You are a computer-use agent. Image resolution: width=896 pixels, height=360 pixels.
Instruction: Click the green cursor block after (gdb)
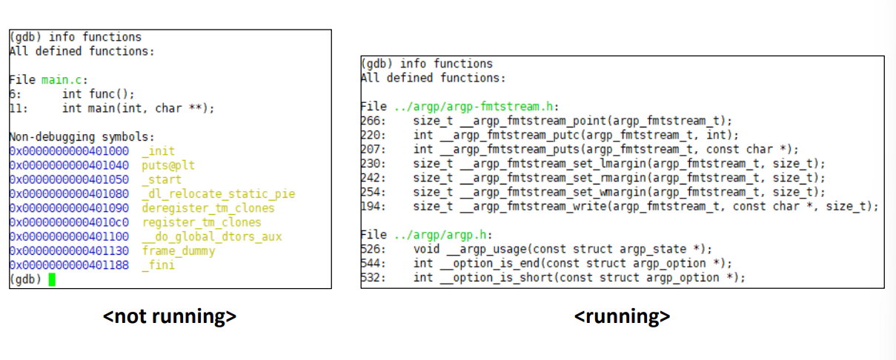(x=52, y=279)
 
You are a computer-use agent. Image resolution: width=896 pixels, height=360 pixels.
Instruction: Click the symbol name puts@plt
(x=168, y=165)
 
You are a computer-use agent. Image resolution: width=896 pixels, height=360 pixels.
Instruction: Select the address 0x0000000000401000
(x=69, y=151)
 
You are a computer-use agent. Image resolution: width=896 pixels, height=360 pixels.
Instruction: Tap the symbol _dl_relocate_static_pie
(x=218, y=194)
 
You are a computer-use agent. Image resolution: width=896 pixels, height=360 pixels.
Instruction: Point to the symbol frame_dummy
(x=179, y=251)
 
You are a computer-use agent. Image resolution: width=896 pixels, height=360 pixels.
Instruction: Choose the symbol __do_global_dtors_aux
(x=212, y=236)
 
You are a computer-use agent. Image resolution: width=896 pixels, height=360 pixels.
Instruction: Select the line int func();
(x=99, y=94)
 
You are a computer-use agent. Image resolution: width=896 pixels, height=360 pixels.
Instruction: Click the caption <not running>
(x=170, y=316)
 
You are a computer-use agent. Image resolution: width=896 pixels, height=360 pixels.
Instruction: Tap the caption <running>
(x=622, y=316)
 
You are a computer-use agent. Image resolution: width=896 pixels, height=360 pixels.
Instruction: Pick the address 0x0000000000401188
(x=69, y=265)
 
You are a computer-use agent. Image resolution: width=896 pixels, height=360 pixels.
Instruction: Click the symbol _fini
(x=158, y=265)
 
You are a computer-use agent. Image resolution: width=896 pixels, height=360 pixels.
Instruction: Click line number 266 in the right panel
(x=369, y=121)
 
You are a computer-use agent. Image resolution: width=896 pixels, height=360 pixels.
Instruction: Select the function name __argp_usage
(x=482, y=249)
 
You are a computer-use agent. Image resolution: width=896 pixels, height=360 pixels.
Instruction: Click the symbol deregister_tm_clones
(x=208, y=208)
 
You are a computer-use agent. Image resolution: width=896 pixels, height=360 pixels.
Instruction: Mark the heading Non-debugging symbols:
(x=82, y=137)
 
